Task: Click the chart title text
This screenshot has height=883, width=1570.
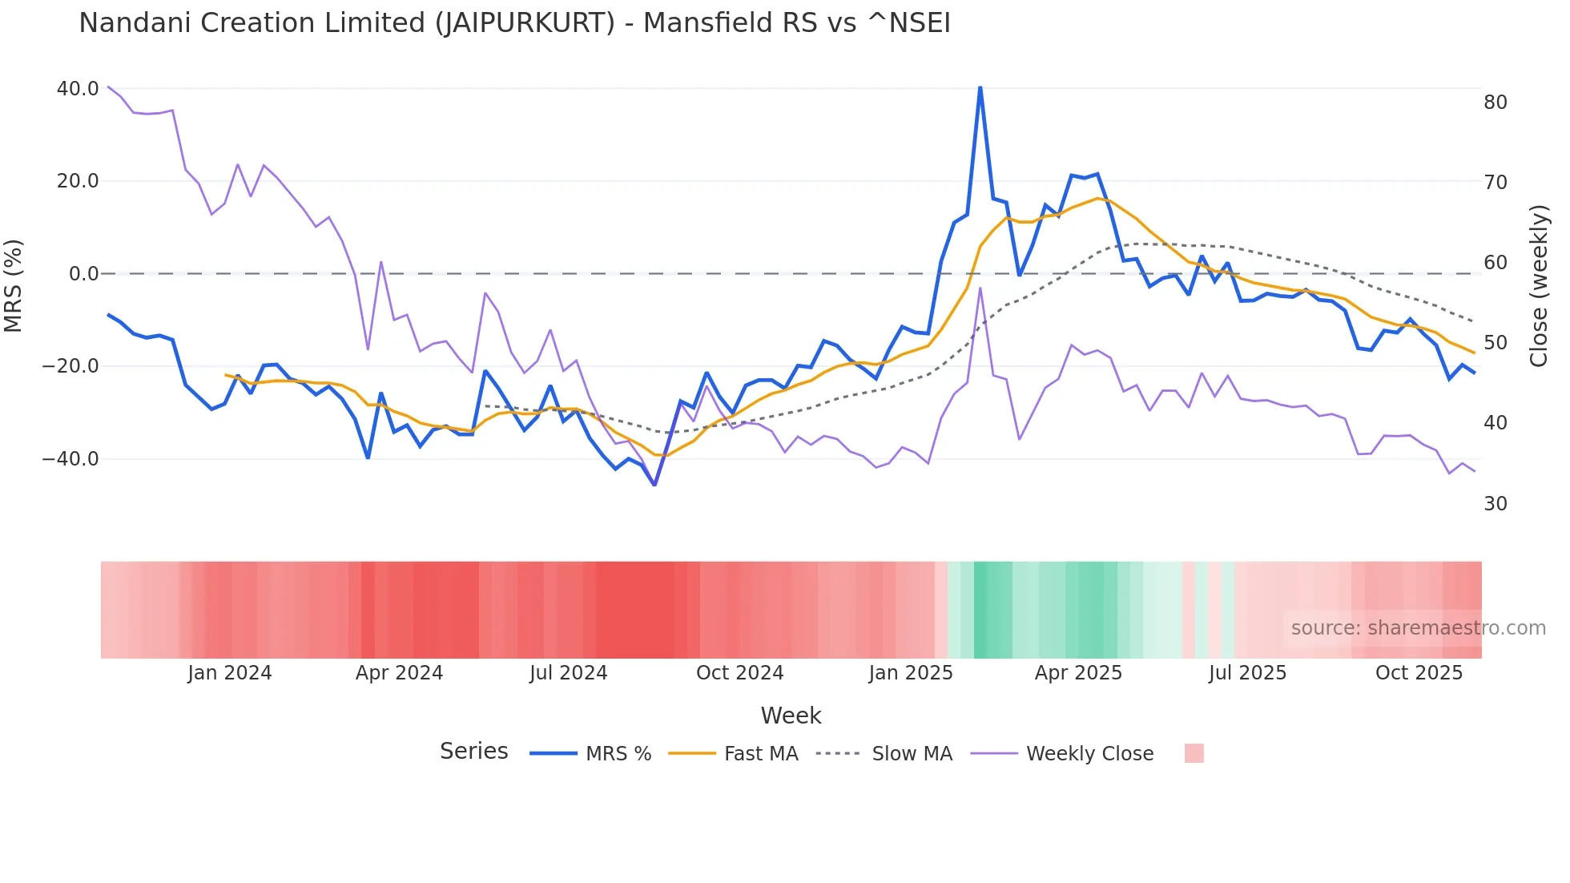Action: (x=514, y=23)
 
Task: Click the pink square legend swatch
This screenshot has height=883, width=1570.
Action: (x=1194, y=753)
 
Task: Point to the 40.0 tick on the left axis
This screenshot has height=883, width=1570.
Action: (x=78, y=89)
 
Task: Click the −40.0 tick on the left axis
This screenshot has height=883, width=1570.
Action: (x=70, y=459)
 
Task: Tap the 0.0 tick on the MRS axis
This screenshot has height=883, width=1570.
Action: (x=83, y=274)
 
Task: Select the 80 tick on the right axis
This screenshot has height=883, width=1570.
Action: (x=1496, y=103)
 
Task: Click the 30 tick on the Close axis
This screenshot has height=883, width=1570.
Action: (x=1496, y=504)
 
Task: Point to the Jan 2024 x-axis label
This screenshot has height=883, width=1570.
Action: (x=230, y=673)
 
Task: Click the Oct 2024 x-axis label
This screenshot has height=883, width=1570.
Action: (x=739, y=673)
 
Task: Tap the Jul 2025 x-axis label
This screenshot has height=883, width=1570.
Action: (x=1247, y=673)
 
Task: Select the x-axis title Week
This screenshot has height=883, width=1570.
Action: (x=791, y=716)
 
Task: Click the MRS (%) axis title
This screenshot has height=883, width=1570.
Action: (x=14, y=285)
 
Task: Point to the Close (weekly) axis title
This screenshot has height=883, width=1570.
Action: (x=1539, y=286)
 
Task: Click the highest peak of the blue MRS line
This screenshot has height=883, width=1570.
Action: (x=980, y=87)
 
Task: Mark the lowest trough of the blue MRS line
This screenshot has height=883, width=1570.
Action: (x=654, y=485)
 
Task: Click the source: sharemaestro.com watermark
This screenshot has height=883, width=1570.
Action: (x=1418, y=628)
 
